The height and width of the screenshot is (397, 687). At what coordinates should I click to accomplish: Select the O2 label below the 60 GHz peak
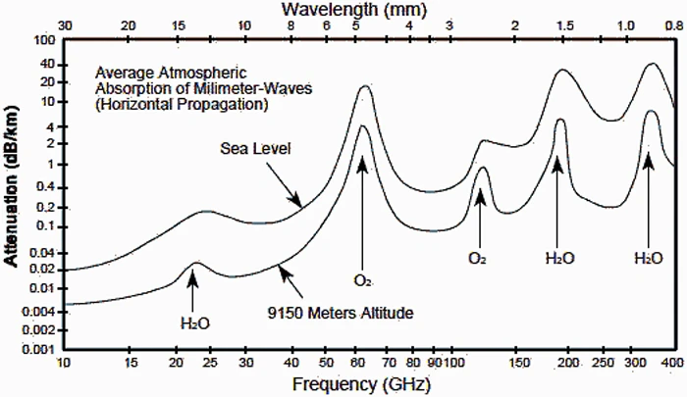[x=363, y=281]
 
